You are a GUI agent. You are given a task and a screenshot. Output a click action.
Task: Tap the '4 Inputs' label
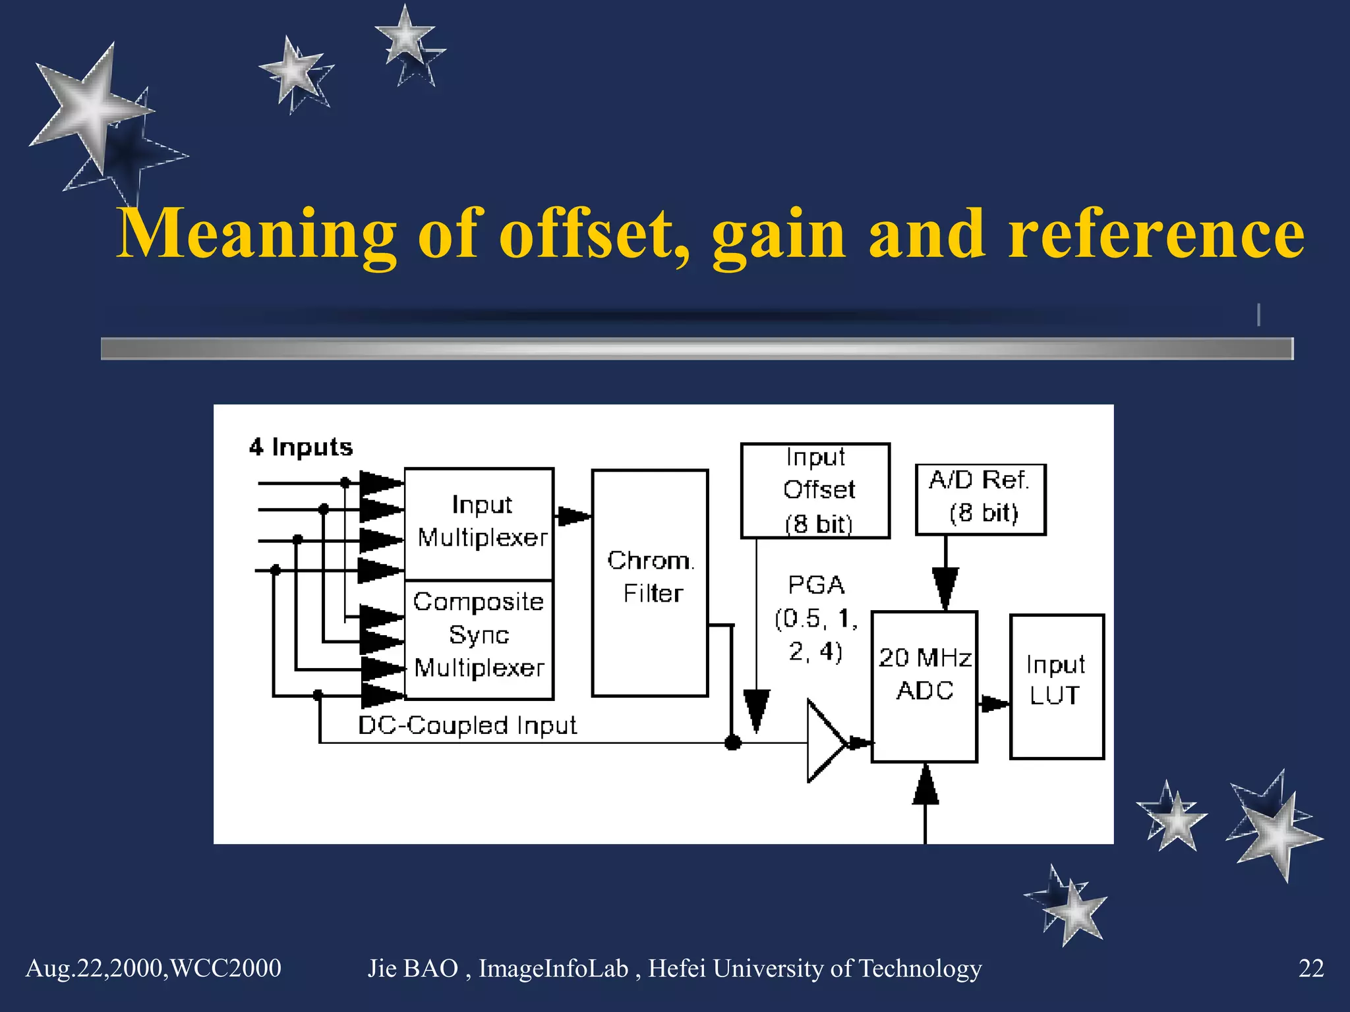[x=301, y=447]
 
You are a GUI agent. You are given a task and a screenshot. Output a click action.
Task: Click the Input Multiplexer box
[x=479, y=523]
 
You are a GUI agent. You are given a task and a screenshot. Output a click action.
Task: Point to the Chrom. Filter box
[x=650, y=582]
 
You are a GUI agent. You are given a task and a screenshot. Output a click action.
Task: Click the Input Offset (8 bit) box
[x=815, y=491]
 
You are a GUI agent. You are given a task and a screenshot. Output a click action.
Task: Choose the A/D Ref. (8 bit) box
[x=980, y=499]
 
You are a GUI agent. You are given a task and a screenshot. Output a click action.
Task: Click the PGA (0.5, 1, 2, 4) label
[x=816, y=618]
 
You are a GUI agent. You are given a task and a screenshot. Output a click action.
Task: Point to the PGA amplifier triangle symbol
[x=824, y=742]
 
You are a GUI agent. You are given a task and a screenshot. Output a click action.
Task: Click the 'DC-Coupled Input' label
[x=467, y=725]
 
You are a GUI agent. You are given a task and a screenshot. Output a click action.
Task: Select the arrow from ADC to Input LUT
[x=993, y=704]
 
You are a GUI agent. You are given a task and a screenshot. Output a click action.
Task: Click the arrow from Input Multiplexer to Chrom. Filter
[x=572, y=516]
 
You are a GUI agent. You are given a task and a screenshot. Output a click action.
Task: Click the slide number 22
[x=1310, y=969]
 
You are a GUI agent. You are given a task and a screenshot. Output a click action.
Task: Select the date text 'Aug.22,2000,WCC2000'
[x=153, y=969]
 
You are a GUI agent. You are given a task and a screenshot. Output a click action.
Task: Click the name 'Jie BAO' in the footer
[x=413, y=969]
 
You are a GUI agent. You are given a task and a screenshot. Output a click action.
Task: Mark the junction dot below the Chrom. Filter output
[x=732, y=743]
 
